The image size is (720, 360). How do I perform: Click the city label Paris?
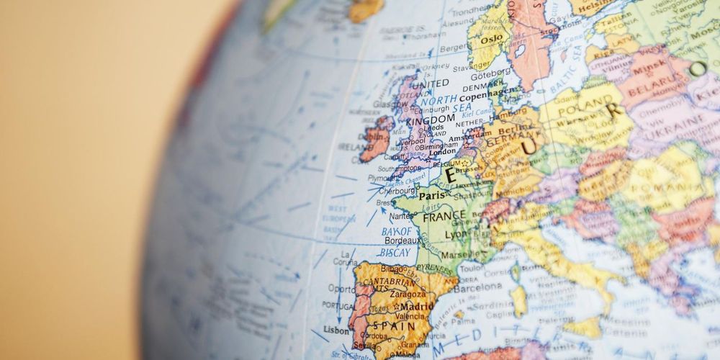click(x=432, y=195)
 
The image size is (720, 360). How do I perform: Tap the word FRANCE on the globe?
click(x=444, y=216)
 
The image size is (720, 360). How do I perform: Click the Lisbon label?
click(x=337, y=330)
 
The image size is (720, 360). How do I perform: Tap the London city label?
click(x=442, y=152)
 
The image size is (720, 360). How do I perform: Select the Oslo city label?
click(x=491, y=39)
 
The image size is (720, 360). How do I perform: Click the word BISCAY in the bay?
click(x=395, y=253)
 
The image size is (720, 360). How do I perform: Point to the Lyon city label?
click(x=456, y=235)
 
